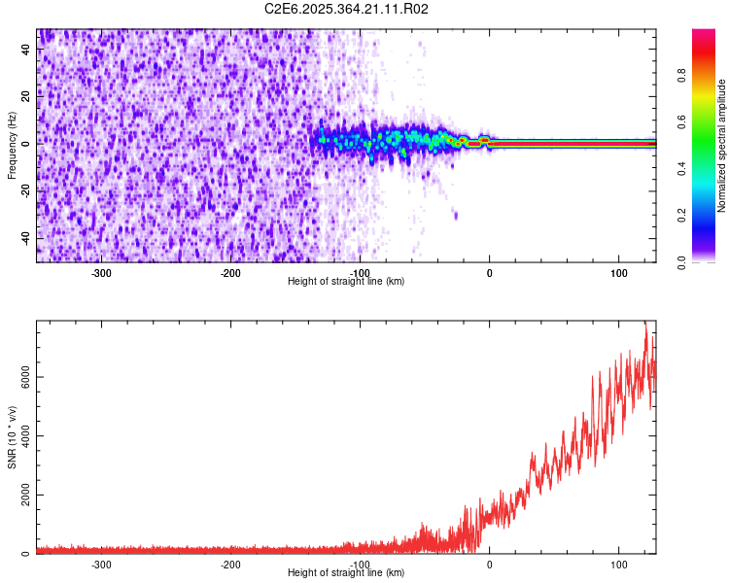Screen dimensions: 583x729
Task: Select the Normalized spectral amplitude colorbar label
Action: (722, 146)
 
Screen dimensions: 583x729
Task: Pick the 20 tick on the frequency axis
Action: (27, 96)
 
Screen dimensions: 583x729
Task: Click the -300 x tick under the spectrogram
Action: (101, 273)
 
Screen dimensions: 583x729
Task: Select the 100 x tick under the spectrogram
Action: (619, 273)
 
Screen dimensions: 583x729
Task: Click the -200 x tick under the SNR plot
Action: (230, 565)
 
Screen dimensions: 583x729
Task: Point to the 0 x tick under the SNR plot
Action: (490, 565)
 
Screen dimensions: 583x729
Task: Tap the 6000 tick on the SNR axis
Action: (20, 377)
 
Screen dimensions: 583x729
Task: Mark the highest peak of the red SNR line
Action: (645, 323)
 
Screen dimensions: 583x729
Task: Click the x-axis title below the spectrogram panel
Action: (346, 282)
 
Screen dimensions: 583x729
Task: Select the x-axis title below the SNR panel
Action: (346, 573)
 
